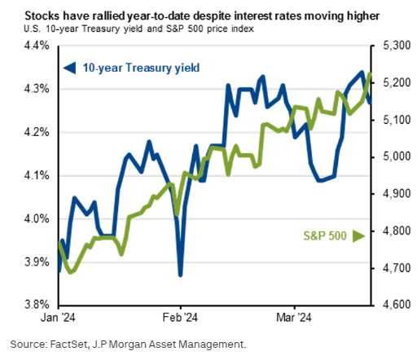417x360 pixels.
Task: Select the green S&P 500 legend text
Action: click(325, 236)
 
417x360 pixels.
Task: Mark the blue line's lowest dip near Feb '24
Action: click(179, 274)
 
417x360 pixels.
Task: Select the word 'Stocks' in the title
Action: click(33, 15)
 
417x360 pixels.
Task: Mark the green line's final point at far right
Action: click(371, 75)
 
